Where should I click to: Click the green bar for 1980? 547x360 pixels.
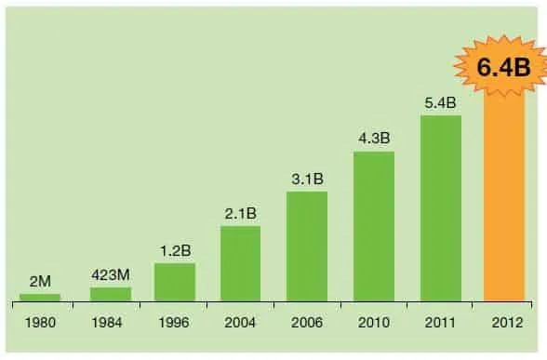pos(39,298)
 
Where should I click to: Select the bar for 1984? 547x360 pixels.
pos(111,294)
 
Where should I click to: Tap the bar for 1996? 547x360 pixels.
pos(175,283)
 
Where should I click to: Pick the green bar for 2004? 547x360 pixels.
pos(240,263)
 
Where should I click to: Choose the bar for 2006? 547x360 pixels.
pos(306,247)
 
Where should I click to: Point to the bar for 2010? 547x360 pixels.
pos(373,226)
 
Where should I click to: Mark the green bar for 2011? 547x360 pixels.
pos(441,208)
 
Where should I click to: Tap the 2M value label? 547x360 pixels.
pos(39,282)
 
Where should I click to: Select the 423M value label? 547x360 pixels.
pos(111,274)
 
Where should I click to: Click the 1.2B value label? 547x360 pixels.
pos(175,250)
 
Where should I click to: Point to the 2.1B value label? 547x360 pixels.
pos(240,213)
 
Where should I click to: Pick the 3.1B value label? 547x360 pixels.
pos(306,179)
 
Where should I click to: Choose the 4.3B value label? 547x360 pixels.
pos(373,138)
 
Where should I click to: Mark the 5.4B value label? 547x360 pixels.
pos(441,102)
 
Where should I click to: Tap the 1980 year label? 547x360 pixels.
pos(39,327)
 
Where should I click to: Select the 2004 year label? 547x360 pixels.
pos(240,327)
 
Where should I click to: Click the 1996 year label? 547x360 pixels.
pos(175,327)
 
